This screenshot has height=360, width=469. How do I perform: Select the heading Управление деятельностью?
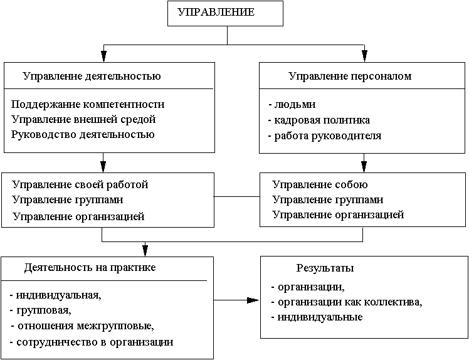click(92, 77)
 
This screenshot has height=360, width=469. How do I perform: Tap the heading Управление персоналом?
click(350, 77)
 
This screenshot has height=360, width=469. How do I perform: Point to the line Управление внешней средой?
click(83, 119)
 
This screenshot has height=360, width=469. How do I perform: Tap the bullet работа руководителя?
click(324, 135)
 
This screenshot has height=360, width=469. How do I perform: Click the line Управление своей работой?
click(80, 185)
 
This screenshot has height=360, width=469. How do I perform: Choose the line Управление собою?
click(320, 185)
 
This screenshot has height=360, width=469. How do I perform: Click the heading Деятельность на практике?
click(90, 267)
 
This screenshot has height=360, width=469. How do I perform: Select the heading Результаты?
click(325, 268)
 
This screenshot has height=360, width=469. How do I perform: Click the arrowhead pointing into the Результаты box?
click(253, 300)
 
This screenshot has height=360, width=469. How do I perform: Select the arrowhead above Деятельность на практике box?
click(145, 250)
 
